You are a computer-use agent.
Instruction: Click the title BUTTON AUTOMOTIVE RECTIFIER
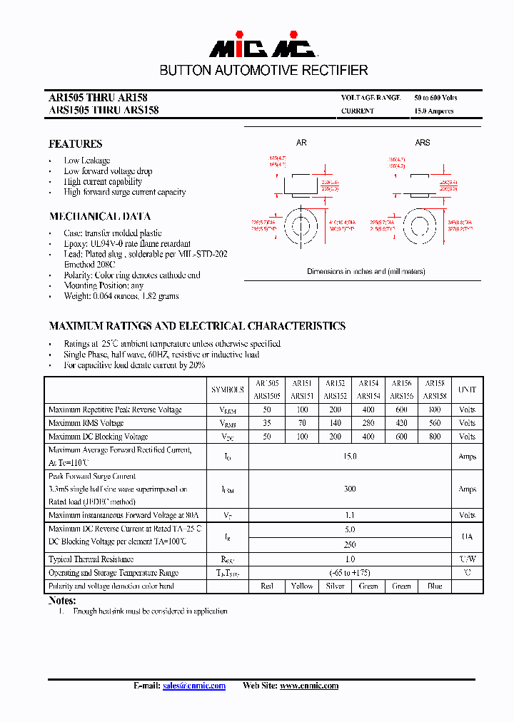coord(263,71)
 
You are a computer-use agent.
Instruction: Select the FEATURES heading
coord(75,144)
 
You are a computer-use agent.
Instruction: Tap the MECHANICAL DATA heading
coord(100,216)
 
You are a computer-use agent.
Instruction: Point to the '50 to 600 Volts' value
coord(435,98)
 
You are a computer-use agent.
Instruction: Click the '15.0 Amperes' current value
coord(433,111)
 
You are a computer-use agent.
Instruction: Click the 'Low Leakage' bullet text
coord(87,161)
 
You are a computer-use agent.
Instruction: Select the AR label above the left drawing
coord(301,143)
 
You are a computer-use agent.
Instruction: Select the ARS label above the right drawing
coord(423,143)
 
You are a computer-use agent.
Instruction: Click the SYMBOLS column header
coord(227,390)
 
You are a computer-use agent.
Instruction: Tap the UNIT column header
coord(467,390)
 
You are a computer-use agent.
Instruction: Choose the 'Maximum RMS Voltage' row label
coord(86,423)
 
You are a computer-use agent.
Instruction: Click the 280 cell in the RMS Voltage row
coord(368,423)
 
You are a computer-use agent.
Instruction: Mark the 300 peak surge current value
coord(350,489)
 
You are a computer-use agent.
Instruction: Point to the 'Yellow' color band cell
coord(302,586)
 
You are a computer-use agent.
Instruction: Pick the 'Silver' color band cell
coord(335,586)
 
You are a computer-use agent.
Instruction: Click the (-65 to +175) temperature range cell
coord(350,573)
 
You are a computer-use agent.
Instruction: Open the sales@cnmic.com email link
coord(193,686)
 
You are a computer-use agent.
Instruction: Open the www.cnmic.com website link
coord(308,686)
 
